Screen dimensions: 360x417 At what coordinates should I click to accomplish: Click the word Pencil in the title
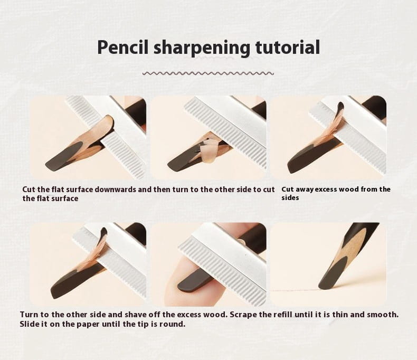(123, 48)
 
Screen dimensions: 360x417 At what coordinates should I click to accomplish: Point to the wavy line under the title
(209, 73)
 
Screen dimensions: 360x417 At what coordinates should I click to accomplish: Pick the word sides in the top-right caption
(290, 198)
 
